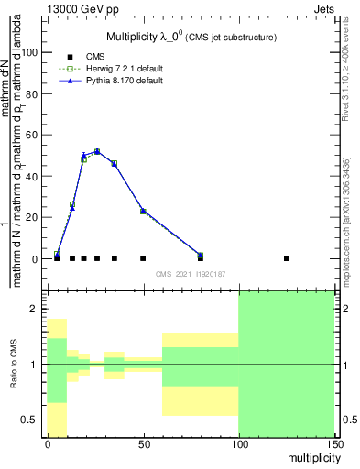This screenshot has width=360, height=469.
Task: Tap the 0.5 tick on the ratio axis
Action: (x=30, y=420)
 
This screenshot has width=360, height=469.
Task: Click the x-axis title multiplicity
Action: (x=308, y=456)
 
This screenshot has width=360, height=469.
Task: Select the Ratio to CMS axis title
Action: (x=15, y=364)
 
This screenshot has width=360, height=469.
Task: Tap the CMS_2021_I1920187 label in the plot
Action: (x=190, y=274)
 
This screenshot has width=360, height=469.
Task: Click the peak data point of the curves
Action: (x=97, y=151)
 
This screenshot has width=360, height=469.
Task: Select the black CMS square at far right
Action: (x=287, y=258)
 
